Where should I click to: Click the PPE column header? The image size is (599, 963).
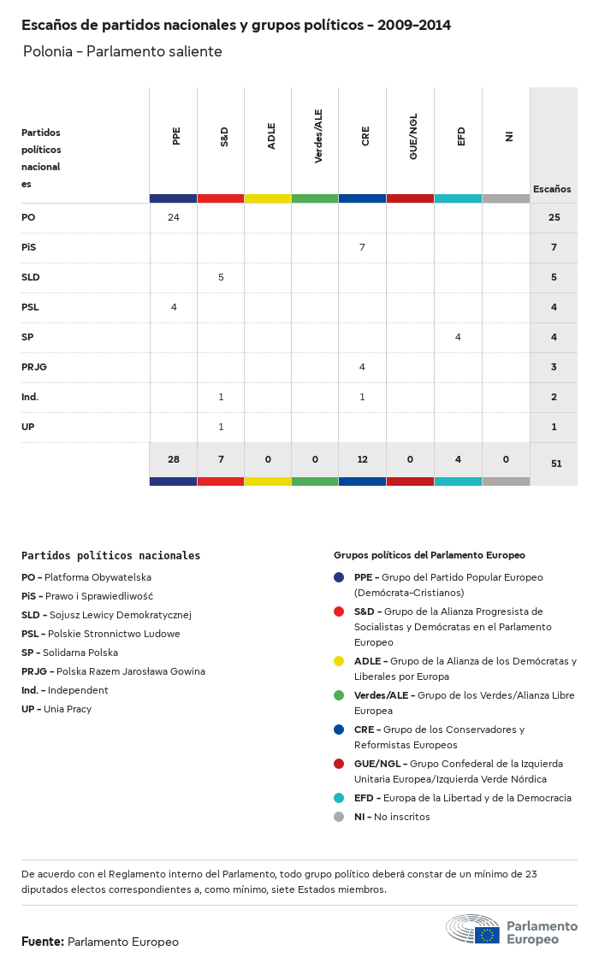(x=176, y=136)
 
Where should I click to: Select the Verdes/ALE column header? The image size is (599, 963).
(x=318, y=136)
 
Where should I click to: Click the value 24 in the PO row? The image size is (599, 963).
(x=174, y=217)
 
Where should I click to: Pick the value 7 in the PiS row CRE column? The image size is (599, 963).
(x=362, y=247)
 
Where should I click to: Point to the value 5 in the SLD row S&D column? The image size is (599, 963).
(x=221, y=277)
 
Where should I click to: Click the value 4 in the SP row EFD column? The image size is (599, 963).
(x=458, y=337)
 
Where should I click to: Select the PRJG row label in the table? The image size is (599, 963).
(x=34, y=367)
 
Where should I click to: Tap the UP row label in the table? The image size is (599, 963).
(x=28, y=427)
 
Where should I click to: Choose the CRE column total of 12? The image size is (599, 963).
(x=363, y=459)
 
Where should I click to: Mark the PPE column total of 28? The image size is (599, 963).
(x=174, y=459)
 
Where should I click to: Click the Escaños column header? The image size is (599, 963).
(x=552, y=189)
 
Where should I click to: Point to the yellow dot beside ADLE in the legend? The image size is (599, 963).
(x=339, y=661)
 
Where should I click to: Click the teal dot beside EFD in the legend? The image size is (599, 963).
(x=339, y=798)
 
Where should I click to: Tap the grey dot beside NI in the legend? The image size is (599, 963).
(x=339, y=817)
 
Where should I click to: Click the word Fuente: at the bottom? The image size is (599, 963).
(x=43, y=942)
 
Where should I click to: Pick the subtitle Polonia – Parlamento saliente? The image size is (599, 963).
(x=122, y=51)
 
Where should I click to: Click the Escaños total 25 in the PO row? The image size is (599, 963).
(x=554, y=217)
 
